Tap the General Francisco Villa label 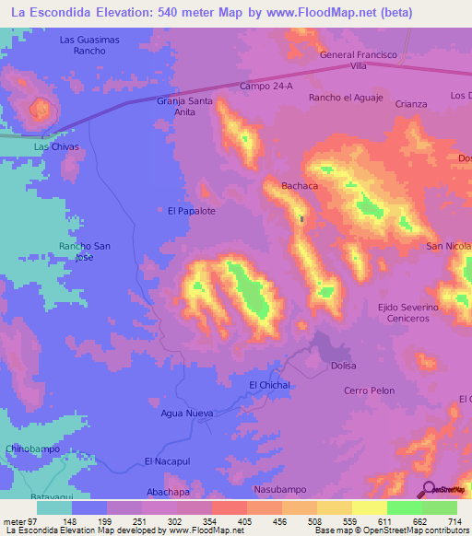pyautogui.click(x=358, y=61)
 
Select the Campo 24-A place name pyautogui.click(x=265, y=86)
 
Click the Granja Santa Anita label pyautogui.click(x=184, y=107)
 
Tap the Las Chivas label pyautogui.click(x=56, y=146)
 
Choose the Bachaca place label pyautogui.click(x=300, y=186)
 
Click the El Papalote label pyautogui.click(x=191, y=211)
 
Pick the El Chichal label pyautogui.click(x=269, y=385)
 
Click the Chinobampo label pyautogui.click(x=32, y=448)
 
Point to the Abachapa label pyautogui.click(x=168, y=492)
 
